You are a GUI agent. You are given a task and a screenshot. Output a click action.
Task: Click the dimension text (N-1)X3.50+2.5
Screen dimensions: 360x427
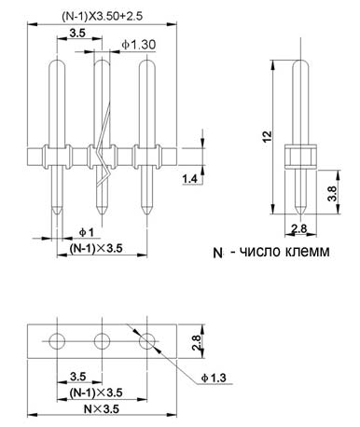click(102, 16)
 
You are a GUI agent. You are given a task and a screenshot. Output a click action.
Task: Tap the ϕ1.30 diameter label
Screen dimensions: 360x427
click(139, 45)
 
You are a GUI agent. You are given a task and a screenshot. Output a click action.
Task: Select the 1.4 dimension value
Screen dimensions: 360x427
click(190, 179)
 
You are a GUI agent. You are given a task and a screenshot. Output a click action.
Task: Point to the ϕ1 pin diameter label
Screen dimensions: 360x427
click(86, 232)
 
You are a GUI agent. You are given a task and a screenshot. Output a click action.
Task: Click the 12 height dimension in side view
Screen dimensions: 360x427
click(267, 137)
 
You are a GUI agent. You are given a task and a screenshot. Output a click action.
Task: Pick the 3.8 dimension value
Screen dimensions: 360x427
click(332, 193)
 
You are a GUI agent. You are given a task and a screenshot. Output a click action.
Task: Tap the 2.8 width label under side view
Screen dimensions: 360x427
click(298, 229)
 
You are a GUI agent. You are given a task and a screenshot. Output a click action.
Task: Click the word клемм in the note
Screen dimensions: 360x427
click(307, 251)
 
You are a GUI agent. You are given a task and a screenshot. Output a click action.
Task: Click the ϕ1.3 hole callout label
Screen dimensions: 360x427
click(214, 378)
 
